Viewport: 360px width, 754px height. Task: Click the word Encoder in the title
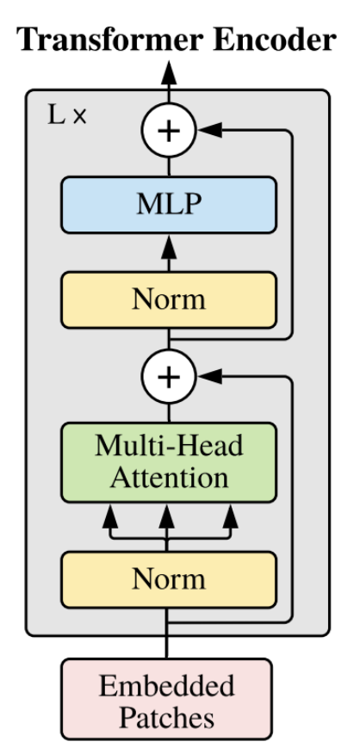click(x=275, y=40)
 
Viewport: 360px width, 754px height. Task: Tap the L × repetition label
click(x=67, y=115)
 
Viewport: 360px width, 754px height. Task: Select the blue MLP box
click(x=169, y=205)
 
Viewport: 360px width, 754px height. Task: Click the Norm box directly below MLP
click(x=169, y=300)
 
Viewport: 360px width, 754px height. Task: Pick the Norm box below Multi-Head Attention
click(x=169, y=579)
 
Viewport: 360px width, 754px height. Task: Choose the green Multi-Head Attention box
click(x=169, y=462)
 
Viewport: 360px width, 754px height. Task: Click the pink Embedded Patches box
click(x=166, y=699)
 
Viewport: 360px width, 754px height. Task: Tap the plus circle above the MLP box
click(x=169, y=130)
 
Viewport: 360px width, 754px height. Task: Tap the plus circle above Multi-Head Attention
click(x=169, y=376)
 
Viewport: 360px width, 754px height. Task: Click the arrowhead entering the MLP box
click(x=169, y=248)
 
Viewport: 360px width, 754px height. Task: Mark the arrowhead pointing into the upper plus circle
click(x=210, y=130)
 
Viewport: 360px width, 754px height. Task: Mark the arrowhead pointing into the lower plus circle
click(x=210, y=376)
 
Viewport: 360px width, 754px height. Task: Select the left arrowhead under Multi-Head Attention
click(x=110, y=516)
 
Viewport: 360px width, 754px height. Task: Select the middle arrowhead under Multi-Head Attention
click(x=167, y=516)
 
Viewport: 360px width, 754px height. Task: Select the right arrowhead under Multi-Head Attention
click(x=231, y=516)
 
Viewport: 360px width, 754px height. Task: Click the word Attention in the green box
click(x=169, y=478)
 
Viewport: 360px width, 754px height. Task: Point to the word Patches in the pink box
click(x=166, y=718)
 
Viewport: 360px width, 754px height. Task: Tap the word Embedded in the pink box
click(x=166, y=686)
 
